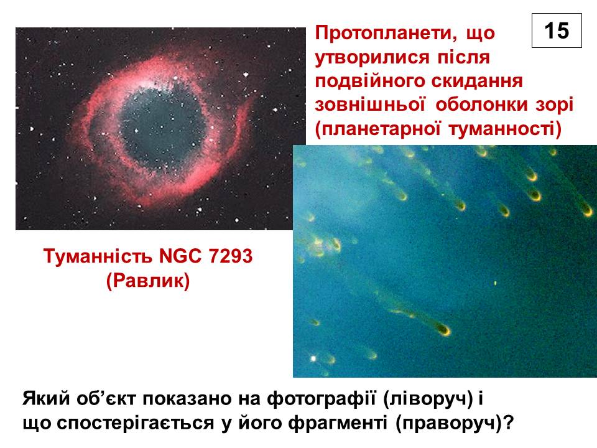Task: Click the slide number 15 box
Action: click(557, 30)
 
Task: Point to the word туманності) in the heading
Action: click(505, 129)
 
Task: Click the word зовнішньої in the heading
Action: click(370, 105)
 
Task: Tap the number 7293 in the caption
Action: click(230, 256)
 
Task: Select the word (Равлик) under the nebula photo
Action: click(148, 281)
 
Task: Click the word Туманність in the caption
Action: click(98, 256)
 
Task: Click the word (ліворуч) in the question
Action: click(428, 399)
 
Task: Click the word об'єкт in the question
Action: click(106, 398)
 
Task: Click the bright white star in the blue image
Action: click(313, 358)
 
